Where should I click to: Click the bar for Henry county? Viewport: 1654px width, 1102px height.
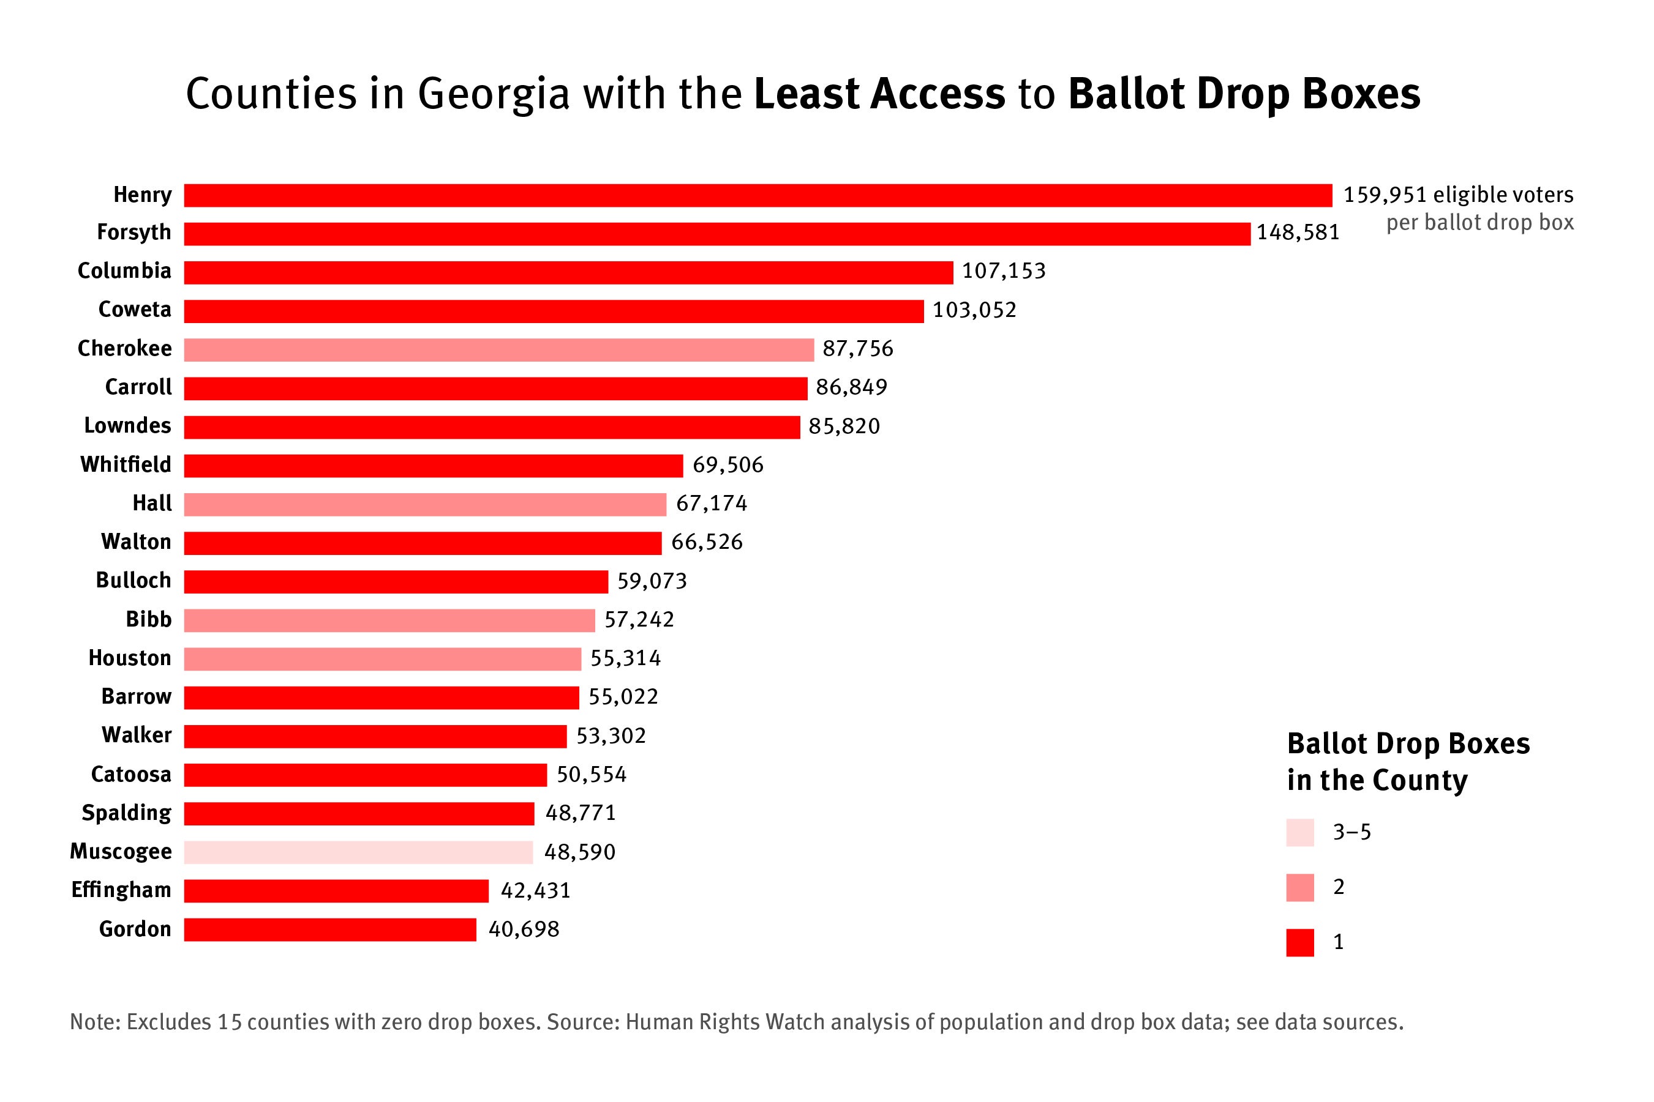click(757, 195)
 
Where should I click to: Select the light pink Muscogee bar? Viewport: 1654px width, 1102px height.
click(358, 852)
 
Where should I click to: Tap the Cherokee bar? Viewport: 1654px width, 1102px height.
click(498, 349)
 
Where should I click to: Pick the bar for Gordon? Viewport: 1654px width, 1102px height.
click(330, 929)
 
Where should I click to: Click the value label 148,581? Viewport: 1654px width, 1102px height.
click(1298, 233)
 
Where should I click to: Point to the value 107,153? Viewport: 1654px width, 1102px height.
click(1004, 271)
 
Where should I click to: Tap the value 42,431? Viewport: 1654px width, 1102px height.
click(535, 890)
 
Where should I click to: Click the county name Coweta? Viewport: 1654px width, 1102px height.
click(134, 309)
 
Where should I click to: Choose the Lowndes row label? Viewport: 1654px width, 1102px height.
click(127, 426)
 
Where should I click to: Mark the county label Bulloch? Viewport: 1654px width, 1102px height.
click(133, 581)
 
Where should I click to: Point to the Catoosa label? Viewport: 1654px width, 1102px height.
click(131, 775)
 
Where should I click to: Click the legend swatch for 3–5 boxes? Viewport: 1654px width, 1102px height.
click(1299, 832)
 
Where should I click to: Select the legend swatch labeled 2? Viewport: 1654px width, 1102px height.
click(1299, 887)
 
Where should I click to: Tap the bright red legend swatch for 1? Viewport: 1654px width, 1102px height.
click(1299, 942)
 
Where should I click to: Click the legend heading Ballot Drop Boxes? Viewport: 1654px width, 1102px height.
click(1408, 743)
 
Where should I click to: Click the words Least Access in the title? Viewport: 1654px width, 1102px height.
click(879, 94)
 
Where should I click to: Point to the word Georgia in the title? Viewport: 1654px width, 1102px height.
click(493, 94)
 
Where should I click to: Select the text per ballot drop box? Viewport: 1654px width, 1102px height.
click(1479, 223)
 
